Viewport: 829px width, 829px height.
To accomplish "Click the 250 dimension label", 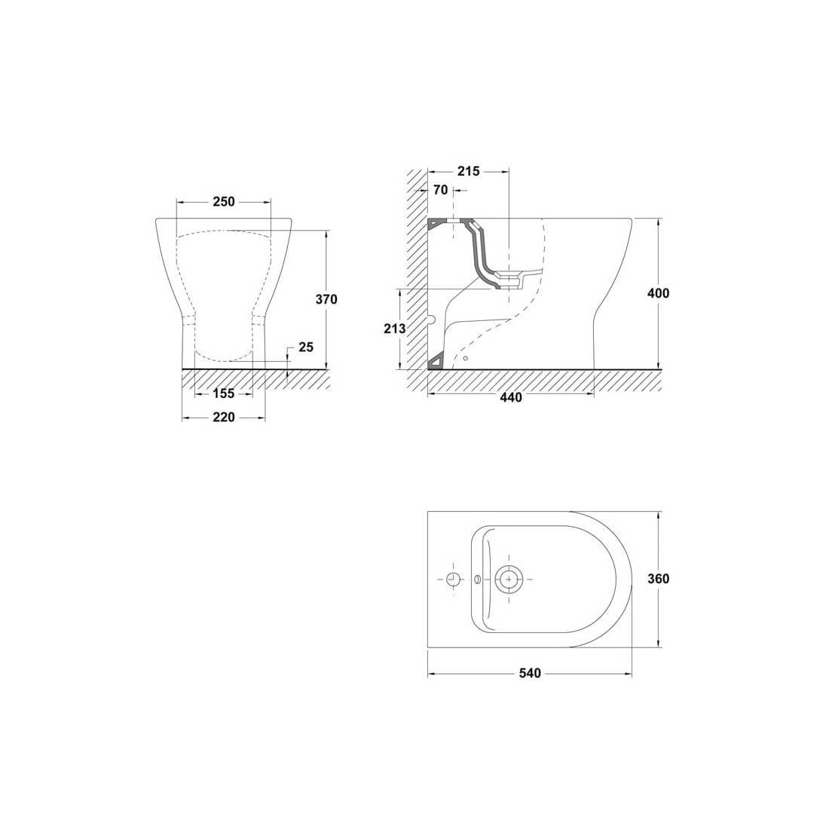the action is [224, 201].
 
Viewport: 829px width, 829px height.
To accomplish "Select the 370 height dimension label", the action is [326, 299].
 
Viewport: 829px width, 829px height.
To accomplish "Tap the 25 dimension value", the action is [306, 347].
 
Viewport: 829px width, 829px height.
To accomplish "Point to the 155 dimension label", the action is [224, 393].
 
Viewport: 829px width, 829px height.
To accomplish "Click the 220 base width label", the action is [224, 418].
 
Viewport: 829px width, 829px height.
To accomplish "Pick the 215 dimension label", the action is [469, 171].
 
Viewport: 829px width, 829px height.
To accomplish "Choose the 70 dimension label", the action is [440, 191].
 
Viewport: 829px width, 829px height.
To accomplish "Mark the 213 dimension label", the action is [395, 329].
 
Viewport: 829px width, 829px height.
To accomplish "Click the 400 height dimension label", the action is [658, 293].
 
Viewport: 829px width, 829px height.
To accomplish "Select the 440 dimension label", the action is [511, 397].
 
